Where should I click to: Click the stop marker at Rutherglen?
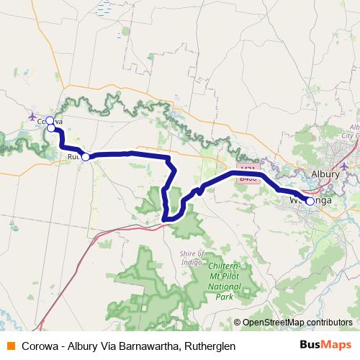pyautogui.click(x=85, y=156)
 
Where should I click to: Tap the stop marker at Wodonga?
pyautogui.click(x=310, y=202)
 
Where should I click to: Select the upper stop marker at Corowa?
pyautogui.click(x=50, y=121)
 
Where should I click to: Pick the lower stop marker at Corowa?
pyautogui.click(x=51, y=129)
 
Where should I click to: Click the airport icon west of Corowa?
pyautogui.click(x=32, y=116)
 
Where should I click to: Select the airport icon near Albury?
pyautogui.click(x=344, y=166)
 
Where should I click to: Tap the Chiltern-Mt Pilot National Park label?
pyautogui.click(x=224, y=281)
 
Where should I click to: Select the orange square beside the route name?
pyautogui.click(x=10, y=346)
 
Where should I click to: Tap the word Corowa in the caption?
pyautogui.click(x=41, y=346)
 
